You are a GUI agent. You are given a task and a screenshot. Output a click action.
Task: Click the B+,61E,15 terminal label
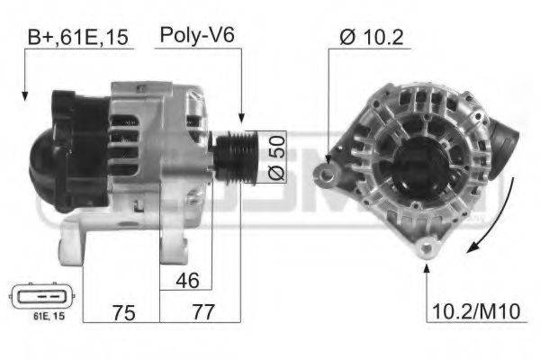77,37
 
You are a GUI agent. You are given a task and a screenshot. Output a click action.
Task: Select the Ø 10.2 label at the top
372,37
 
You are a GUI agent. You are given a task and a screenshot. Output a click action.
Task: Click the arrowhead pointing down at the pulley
240,116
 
